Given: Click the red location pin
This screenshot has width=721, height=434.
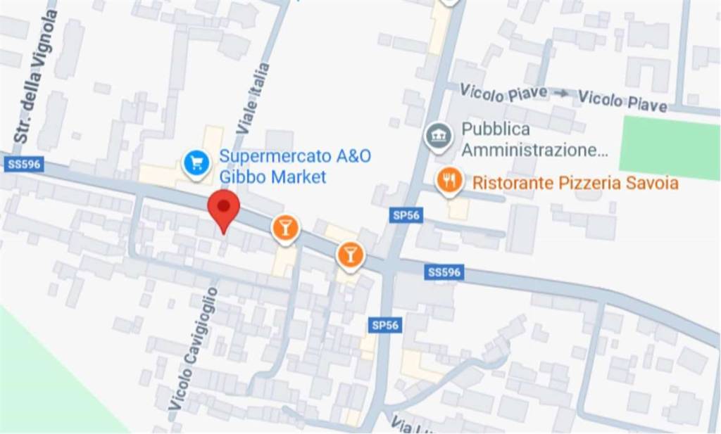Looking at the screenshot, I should [x=224, y=208].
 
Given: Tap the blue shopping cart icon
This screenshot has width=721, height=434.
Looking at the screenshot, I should [x=196, y=163].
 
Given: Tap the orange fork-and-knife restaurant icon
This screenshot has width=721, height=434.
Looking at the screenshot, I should [x=449, y=180].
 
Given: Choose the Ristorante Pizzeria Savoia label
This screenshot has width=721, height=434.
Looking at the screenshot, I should [x=575, y=184].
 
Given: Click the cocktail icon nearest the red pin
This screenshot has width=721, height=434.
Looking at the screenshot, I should [x=285, y=228].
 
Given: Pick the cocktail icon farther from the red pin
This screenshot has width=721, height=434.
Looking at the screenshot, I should [x=350, y=254].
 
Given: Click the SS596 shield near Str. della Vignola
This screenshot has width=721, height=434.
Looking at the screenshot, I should [x=24, y=165].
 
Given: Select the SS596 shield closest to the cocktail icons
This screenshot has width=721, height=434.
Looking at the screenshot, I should [x=444, y=272].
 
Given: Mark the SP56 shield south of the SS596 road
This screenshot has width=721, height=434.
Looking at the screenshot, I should [x=384, y=324].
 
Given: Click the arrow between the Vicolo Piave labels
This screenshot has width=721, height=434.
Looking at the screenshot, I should [x=561, y=93].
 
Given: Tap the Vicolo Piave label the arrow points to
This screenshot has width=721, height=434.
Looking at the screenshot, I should [x=622, y=101].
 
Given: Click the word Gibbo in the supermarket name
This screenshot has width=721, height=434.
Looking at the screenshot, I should [x=243, y=177].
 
